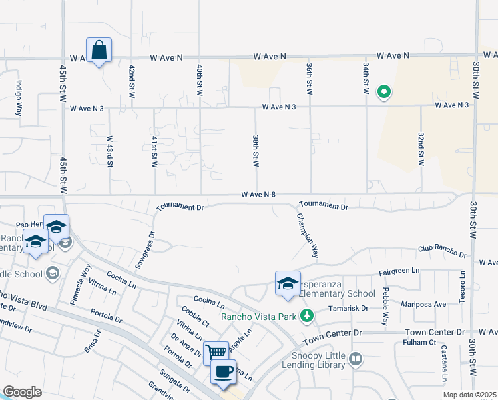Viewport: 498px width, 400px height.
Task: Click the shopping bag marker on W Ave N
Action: (99, 51)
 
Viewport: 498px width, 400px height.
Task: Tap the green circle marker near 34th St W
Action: (383, 93)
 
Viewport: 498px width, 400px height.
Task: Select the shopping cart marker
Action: (216, 352)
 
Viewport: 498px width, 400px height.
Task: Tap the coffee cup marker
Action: (223, 371)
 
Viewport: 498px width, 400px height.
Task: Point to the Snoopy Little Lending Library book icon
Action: (356, 360)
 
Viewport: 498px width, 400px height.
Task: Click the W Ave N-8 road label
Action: (259, 195)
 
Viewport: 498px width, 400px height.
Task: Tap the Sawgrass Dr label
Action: (145, 249)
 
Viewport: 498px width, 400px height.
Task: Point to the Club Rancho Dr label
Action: (442, 251)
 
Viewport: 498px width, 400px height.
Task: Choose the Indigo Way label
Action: (19, 98)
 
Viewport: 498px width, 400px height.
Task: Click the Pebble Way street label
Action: (385, 306)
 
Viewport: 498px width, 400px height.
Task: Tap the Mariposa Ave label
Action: (423, 303)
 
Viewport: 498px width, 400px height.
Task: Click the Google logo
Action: (22, 392)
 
